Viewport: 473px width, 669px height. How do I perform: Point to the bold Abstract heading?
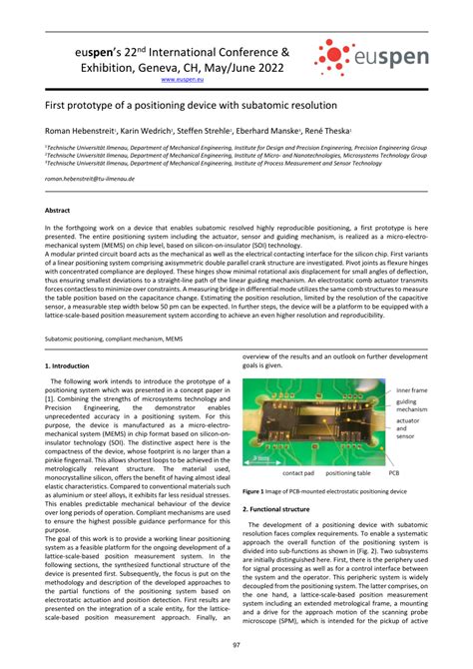click(x=58, y=211)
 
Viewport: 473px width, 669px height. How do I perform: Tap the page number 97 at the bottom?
click(x=236, y=644)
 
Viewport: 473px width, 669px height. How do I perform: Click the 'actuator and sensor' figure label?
click(x=410, y=428)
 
